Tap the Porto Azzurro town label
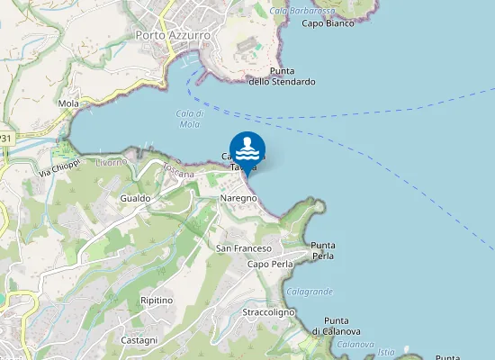tap(173, 35)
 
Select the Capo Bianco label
tap(328, 23)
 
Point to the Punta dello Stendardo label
tap(282, 76)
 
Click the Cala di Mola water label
tap(189, 119)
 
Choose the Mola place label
tap(68, 103)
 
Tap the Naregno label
tap(238, 197)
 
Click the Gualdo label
tap(135, 197)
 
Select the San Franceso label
tap(244, 247)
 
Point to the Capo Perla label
tap(270, 265)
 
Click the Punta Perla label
tap(322, 250)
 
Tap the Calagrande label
tap(310, 292)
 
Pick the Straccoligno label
tap(268, 312)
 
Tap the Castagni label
tap(139, 340)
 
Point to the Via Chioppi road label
tap(59, 168)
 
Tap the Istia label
tap(386, 351)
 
